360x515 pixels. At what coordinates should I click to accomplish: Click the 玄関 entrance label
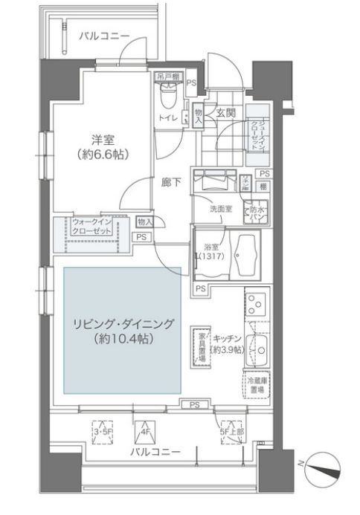(226, 113)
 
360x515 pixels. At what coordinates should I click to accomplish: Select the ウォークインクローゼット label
(92, 227)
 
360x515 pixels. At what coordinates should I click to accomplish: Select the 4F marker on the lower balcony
(143, 430)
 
